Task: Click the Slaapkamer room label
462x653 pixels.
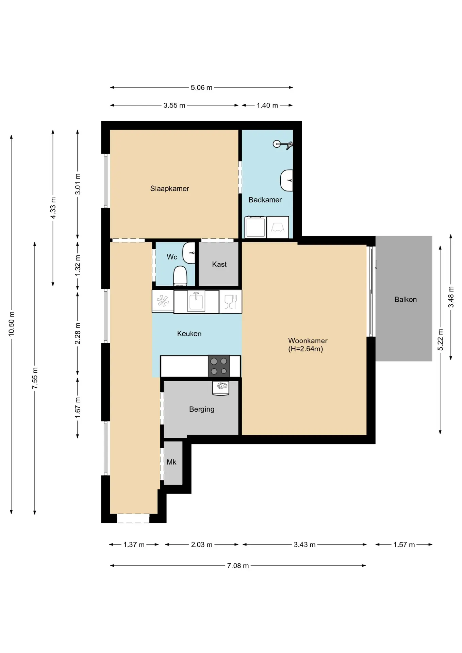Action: pos(169,188)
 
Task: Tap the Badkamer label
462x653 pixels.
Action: pos(265,200)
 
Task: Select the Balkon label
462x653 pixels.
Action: pos(406,299)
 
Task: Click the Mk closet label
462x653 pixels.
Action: pos(171,462)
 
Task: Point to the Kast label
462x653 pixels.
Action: pos(219,264)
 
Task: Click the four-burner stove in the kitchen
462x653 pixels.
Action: pos(219,366)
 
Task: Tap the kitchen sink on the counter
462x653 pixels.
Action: pos(196,301)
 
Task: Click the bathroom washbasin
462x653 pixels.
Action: pos(287,181)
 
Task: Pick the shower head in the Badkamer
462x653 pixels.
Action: pos(282,144)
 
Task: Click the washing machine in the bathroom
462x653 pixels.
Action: pos(256,227)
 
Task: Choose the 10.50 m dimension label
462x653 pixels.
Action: pos(12,324)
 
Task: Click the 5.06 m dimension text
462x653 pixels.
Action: pos(201,87)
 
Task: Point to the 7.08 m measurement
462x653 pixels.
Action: pos(238,566)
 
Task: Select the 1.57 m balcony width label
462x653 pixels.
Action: pos(404,545)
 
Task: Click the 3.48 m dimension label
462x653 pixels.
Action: pos(451,297)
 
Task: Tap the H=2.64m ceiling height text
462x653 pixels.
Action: pos(306,349)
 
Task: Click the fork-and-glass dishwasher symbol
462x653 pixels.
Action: pos(230,301)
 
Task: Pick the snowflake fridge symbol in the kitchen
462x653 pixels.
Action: pos(163,301)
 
